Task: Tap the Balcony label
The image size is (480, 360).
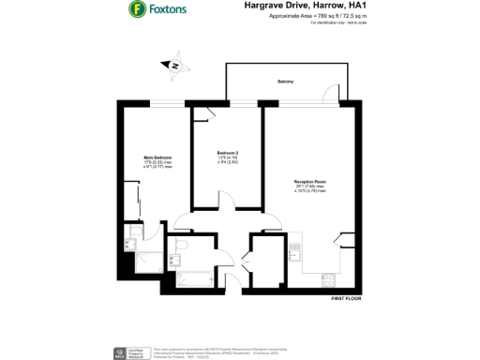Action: pyautogui.click(x=285, y=82)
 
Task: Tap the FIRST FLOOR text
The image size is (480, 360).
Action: pyautogui.click(x=345, y=297)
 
